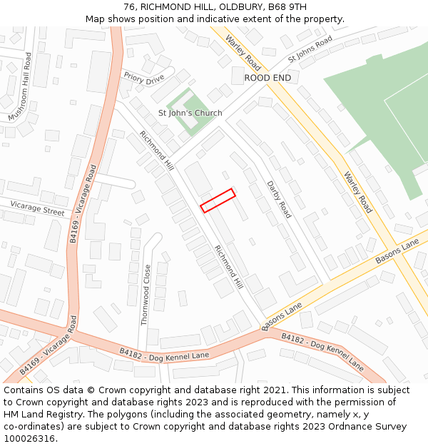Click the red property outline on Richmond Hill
[218, 201]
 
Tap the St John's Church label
[190, 113]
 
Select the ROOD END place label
[267, 77]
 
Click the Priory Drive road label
[143, 78]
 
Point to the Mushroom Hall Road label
[20, 87]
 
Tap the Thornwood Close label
[146, 295]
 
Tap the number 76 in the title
[129, 6]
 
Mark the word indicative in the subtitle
[205, 19]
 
